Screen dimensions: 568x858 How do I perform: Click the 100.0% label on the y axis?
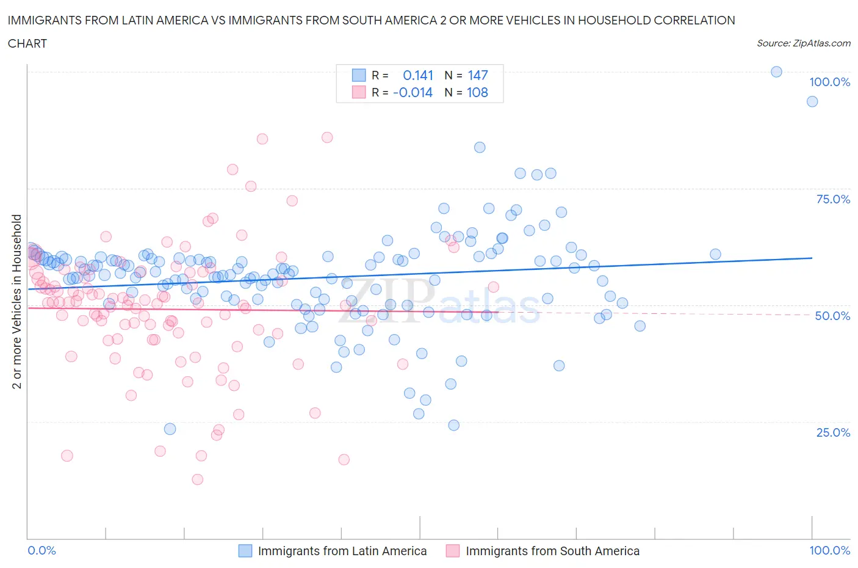point(829,82)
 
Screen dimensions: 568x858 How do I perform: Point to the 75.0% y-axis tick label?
point(833,199)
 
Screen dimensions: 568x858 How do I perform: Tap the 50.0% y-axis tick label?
point(832,316)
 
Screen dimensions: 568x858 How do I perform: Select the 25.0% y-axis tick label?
point(833,432)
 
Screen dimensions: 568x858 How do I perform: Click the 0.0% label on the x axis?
point(42,550)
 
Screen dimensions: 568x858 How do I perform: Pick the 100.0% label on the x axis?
point(829,550)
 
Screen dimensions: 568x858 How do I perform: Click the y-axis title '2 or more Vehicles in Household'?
point(17,301)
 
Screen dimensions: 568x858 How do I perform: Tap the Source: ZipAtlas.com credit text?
point(803,43)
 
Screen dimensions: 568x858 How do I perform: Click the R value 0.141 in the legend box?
point(418,75)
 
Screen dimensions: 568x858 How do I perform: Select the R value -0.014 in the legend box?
point(413,92)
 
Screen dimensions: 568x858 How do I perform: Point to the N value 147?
point(478,75)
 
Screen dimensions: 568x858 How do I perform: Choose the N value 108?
point(478,92)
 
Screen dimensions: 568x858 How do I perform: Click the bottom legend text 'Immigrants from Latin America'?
point(342,551)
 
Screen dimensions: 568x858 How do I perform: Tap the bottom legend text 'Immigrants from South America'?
point(552,551)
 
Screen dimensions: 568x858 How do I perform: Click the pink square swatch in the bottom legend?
point(452,551)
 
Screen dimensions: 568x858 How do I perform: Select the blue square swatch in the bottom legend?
point(245,551)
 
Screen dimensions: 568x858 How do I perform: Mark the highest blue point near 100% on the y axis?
point(776,71)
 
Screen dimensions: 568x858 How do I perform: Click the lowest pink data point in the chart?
point(197,479)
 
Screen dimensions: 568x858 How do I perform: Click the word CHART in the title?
point(27,43)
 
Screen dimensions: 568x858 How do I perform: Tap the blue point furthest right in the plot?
point(812,101)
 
